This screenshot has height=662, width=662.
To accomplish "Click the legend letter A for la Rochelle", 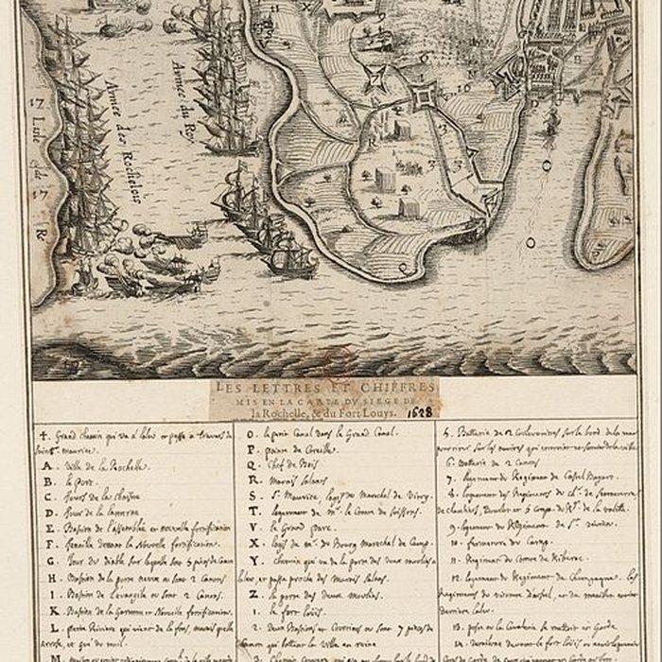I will pyautogui.click(x=44, y=463).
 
